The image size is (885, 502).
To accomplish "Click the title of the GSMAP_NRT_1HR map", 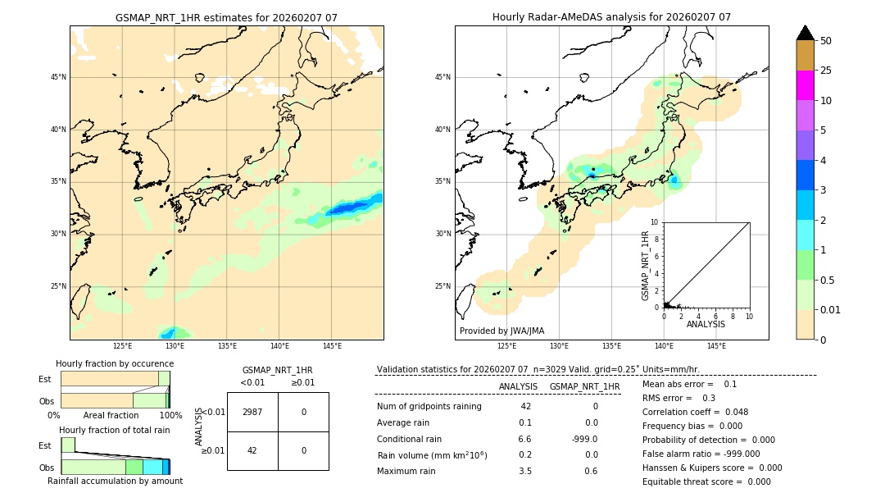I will point(226,17).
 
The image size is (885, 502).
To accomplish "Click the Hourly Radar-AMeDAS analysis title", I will point(611,17).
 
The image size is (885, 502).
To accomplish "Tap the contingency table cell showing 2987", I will point(252,412).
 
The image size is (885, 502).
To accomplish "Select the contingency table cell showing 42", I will point(252,450).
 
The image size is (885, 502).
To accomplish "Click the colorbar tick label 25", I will point(826,71).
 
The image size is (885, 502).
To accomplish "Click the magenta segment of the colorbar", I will point(805,85).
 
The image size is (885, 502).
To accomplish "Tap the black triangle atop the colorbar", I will point(805,33).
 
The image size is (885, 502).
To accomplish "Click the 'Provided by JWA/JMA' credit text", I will point(501,331).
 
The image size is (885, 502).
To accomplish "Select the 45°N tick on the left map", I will point(58,77).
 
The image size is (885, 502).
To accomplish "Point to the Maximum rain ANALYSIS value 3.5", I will point(525,471).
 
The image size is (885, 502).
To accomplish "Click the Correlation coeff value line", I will point(695,413).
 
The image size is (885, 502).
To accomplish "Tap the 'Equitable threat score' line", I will point(706,481).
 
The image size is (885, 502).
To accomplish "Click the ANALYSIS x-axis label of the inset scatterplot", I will point(706,324).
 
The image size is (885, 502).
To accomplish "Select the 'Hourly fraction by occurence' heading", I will point(115,363).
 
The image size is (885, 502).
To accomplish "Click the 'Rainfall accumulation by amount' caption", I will point(115,481).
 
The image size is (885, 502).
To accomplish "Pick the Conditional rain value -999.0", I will point(584,439).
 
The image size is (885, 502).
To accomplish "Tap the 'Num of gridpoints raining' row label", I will point(429,407).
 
